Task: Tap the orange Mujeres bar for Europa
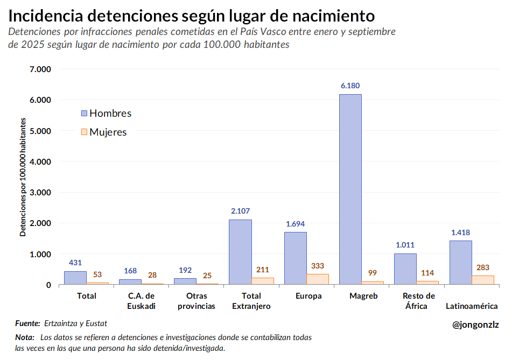(x=318, y=279)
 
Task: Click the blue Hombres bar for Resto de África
(x=405, y=269)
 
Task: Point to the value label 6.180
(x=350, y=86)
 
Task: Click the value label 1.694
(x=295, y=223)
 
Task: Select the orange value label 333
(x=318, y=266)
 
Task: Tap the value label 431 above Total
(x=75, y=263)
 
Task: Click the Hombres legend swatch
(x=84, y=114)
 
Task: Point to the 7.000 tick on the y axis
(x=40, y=69)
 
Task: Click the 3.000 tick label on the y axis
(x=40, y=192)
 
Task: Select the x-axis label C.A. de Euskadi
(x=142, y=301)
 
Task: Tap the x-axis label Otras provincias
(x=197, y=301)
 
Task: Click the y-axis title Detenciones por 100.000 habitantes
(x=23, y=177)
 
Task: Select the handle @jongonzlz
(x=475, y=324)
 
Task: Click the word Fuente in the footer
(x=27, y=323)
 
